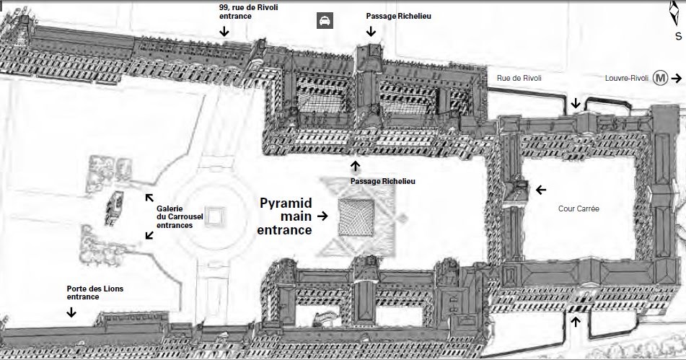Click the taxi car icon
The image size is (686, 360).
pyautogui.click(x=325, y=20)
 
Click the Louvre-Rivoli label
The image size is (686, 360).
pyautogui.click(x=627, y=78)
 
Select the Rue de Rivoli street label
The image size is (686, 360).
pyautogui.click(x=519, y=78)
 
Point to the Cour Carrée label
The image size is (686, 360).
pyautogui.click(x=579, y=208)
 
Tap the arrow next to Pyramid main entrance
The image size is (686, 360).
pyautogui.click(x=322, y=215)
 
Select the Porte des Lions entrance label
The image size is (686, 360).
pyautogui.click(x=95, y=292)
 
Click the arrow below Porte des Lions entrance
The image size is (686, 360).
pyautogui.click(x=71, y=312)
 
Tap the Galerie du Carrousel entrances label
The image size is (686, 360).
pyautogui.click(x=175, y=216)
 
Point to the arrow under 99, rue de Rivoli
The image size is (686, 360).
pyautogui.click(x=224, y=31)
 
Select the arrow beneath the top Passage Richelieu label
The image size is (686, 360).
pyautogui.click(x=371, y=31)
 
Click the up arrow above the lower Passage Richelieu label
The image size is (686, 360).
pyautogui.click(x=355, y=166)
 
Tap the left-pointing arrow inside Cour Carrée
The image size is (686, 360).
pyautogui.click(x=541, y=190)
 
